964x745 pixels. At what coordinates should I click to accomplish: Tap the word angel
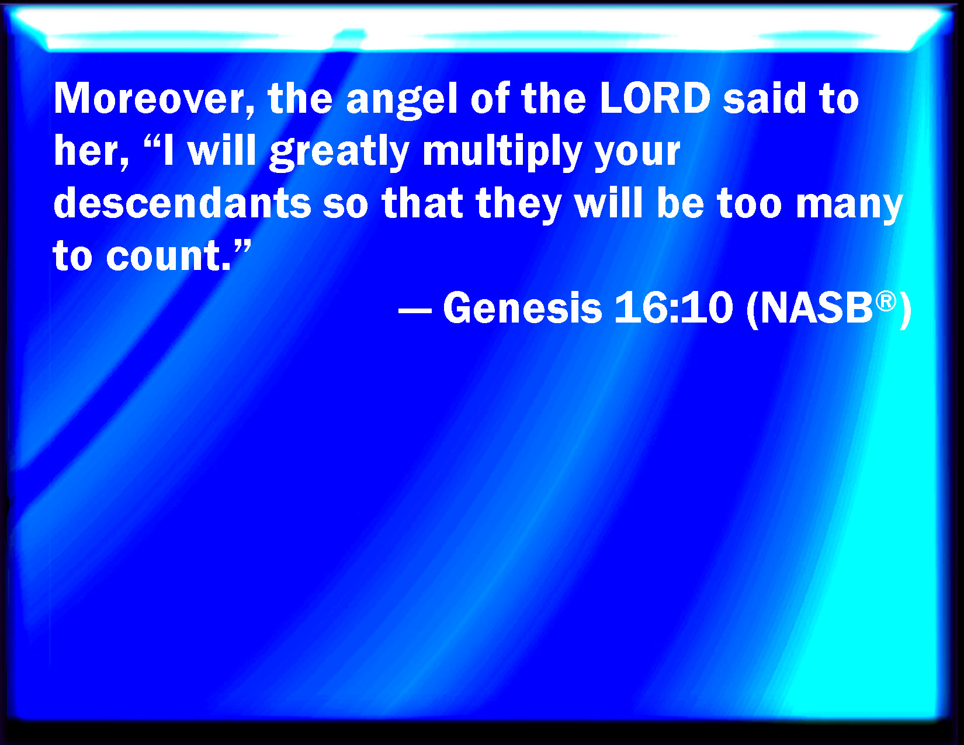point(401,101)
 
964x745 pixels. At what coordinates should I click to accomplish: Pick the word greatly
point(339,153)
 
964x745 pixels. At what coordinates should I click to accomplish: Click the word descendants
point(182,203)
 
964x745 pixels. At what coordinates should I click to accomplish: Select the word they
point(519,206)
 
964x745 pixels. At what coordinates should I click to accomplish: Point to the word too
point(749,205)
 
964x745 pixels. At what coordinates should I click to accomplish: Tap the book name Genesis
point(522,308)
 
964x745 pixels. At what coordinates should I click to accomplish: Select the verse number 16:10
point(674,308)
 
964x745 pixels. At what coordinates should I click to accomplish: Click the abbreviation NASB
point(817,308)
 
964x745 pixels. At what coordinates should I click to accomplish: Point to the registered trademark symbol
point(886,302)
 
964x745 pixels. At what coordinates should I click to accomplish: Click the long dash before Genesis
point(415,310)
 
